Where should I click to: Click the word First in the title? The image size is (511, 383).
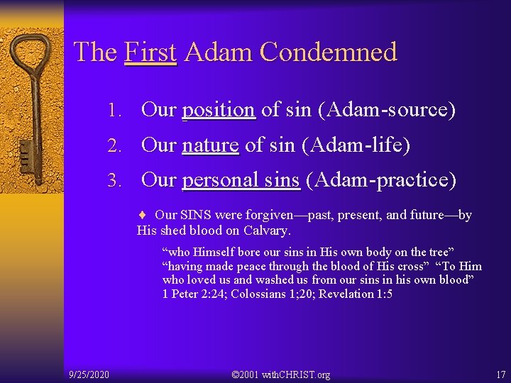tap(150, 52)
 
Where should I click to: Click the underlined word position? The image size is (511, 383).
tap(219, 110)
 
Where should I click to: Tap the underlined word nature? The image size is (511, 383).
tap(210, 145)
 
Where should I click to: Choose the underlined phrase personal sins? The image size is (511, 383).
tap(241, 180)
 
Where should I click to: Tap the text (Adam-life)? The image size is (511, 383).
tap(356, 145)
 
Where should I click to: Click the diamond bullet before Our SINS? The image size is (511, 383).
tap(143, 215)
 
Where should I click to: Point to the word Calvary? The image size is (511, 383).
tap(267, 231)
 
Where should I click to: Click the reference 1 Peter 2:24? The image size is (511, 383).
tap(194, 294)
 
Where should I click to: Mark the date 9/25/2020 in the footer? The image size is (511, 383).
tap(89, 374)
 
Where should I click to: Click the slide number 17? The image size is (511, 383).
tap(500, 374)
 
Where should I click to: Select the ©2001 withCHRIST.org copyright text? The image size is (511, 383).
tap(281, 374)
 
